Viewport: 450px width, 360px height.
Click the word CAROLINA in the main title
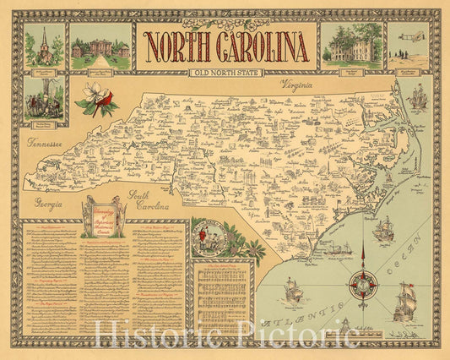(258, 48)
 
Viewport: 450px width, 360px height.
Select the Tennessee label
(46, 145)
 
